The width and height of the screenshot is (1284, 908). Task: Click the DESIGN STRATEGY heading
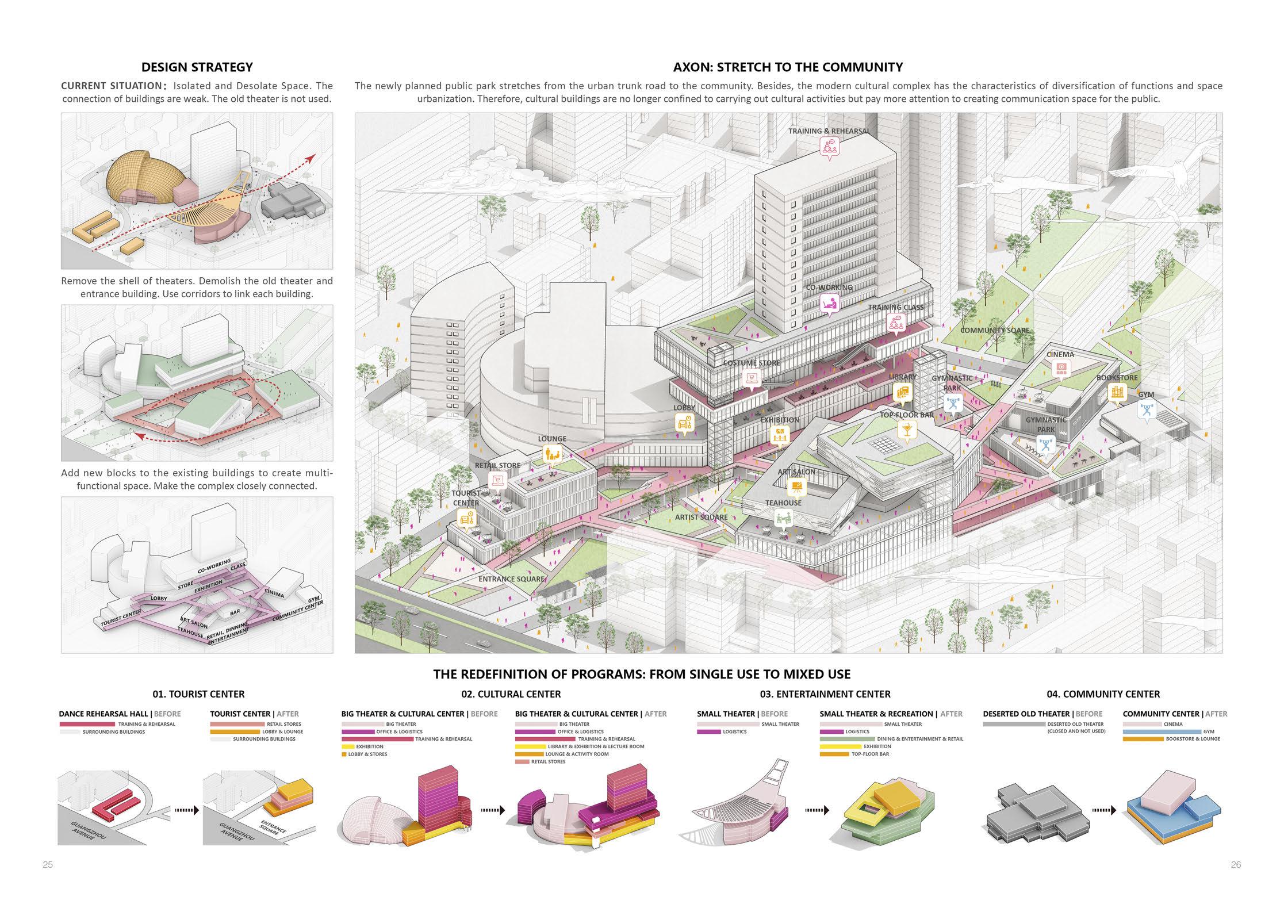point(197,67)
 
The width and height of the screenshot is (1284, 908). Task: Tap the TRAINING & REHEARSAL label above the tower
point(829,131)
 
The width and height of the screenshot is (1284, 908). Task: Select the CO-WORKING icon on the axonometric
point(829,302)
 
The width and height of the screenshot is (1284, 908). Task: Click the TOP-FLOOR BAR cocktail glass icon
point(907,429)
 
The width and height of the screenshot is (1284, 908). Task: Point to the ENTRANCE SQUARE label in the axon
point(511,579)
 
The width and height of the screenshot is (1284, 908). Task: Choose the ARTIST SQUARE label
point(701,517)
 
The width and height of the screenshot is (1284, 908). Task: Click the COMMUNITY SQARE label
point(995,331)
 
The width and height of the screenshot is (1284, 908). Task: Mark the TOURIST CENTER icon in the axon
point(466,518)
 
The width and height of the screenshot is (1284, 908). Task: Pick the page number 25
point(48,864)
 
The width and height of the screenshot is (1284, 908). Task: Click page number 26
point(1236,864)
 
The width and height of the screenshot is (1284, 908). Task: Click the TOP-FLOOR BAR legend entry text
point(870,754)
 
